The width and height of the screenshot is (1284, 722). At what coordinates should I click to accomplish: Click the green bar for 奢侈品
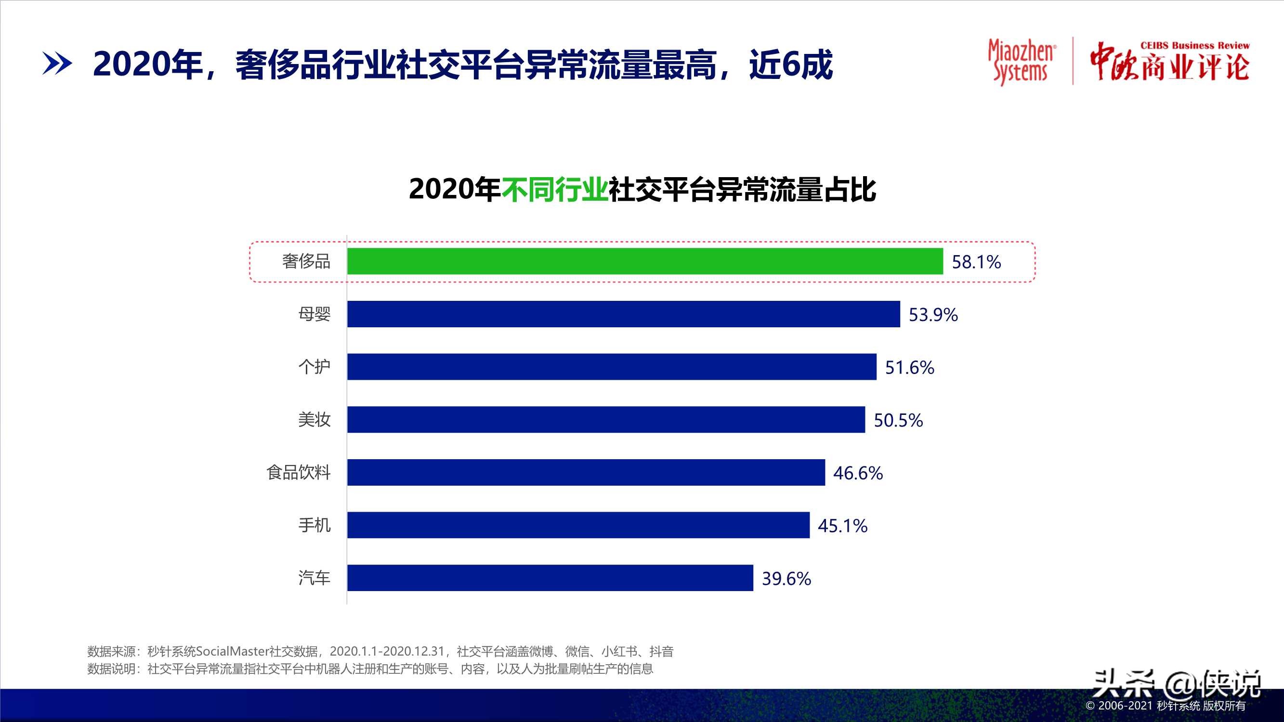click(645, 261)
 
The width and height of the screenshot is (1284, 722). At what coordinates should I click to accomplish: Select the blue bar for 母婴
click(624, 314)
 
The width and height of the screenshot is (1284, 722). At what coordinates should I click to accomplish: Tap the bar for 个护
click(612, 367)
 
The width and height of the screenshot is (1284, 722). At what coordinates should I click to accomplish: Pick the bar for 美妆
click(606, 420)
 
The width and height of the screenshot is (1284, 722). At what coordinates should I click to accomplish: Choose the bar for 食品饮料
click(586, 472)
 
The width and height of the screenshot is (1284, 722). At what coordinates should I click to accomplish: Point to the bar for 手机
click(578, 525)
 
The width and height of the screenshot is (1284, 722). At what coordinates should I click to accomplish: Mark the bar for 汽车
click(550, 578)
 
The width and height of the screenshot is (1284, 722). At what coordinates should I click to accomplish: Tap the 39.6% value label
click(786, 579)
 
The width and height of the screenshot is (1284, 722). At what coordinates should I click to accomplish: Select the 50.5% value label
click(898, 421)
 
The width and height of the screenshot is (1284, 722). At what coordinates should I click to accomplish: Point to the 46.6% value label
click(858, 473)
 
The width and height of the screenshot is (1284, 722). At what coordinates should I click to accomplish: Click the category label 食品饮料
click(298, 472)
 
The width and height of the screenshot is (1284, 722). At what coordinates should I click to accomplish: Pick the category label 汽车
click(314, 578)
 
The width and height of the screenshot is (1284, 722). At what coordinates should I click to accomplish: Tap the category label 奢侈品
click(306, 261)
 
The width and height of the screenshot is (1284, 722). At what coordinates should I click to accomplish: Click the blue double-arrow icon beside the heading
click(57, 64)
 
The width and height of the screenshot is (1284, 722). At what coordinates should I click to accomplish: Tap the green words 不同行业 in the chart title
click(554, 190)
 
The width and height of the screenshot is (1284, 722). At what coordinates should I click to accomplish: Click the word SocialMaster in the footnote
click(232, 651)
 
